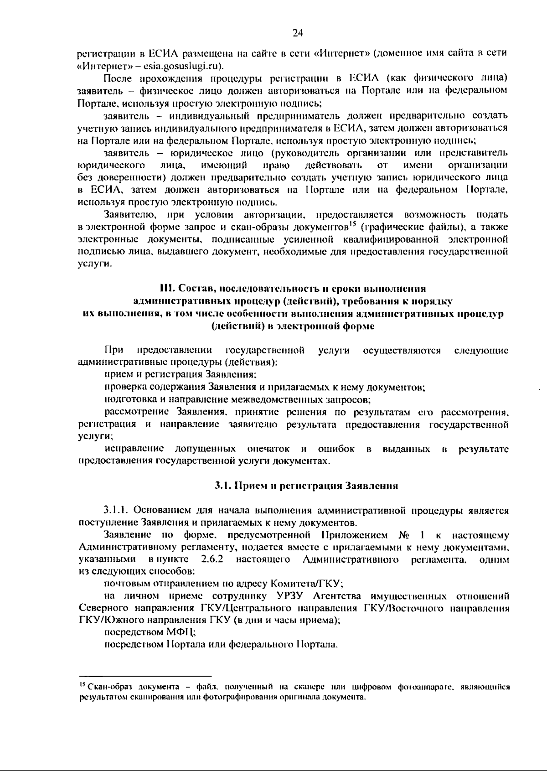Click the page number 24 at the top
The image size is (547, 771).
pos(297,32)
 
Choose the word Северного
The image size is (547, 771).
pos(103,608)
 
